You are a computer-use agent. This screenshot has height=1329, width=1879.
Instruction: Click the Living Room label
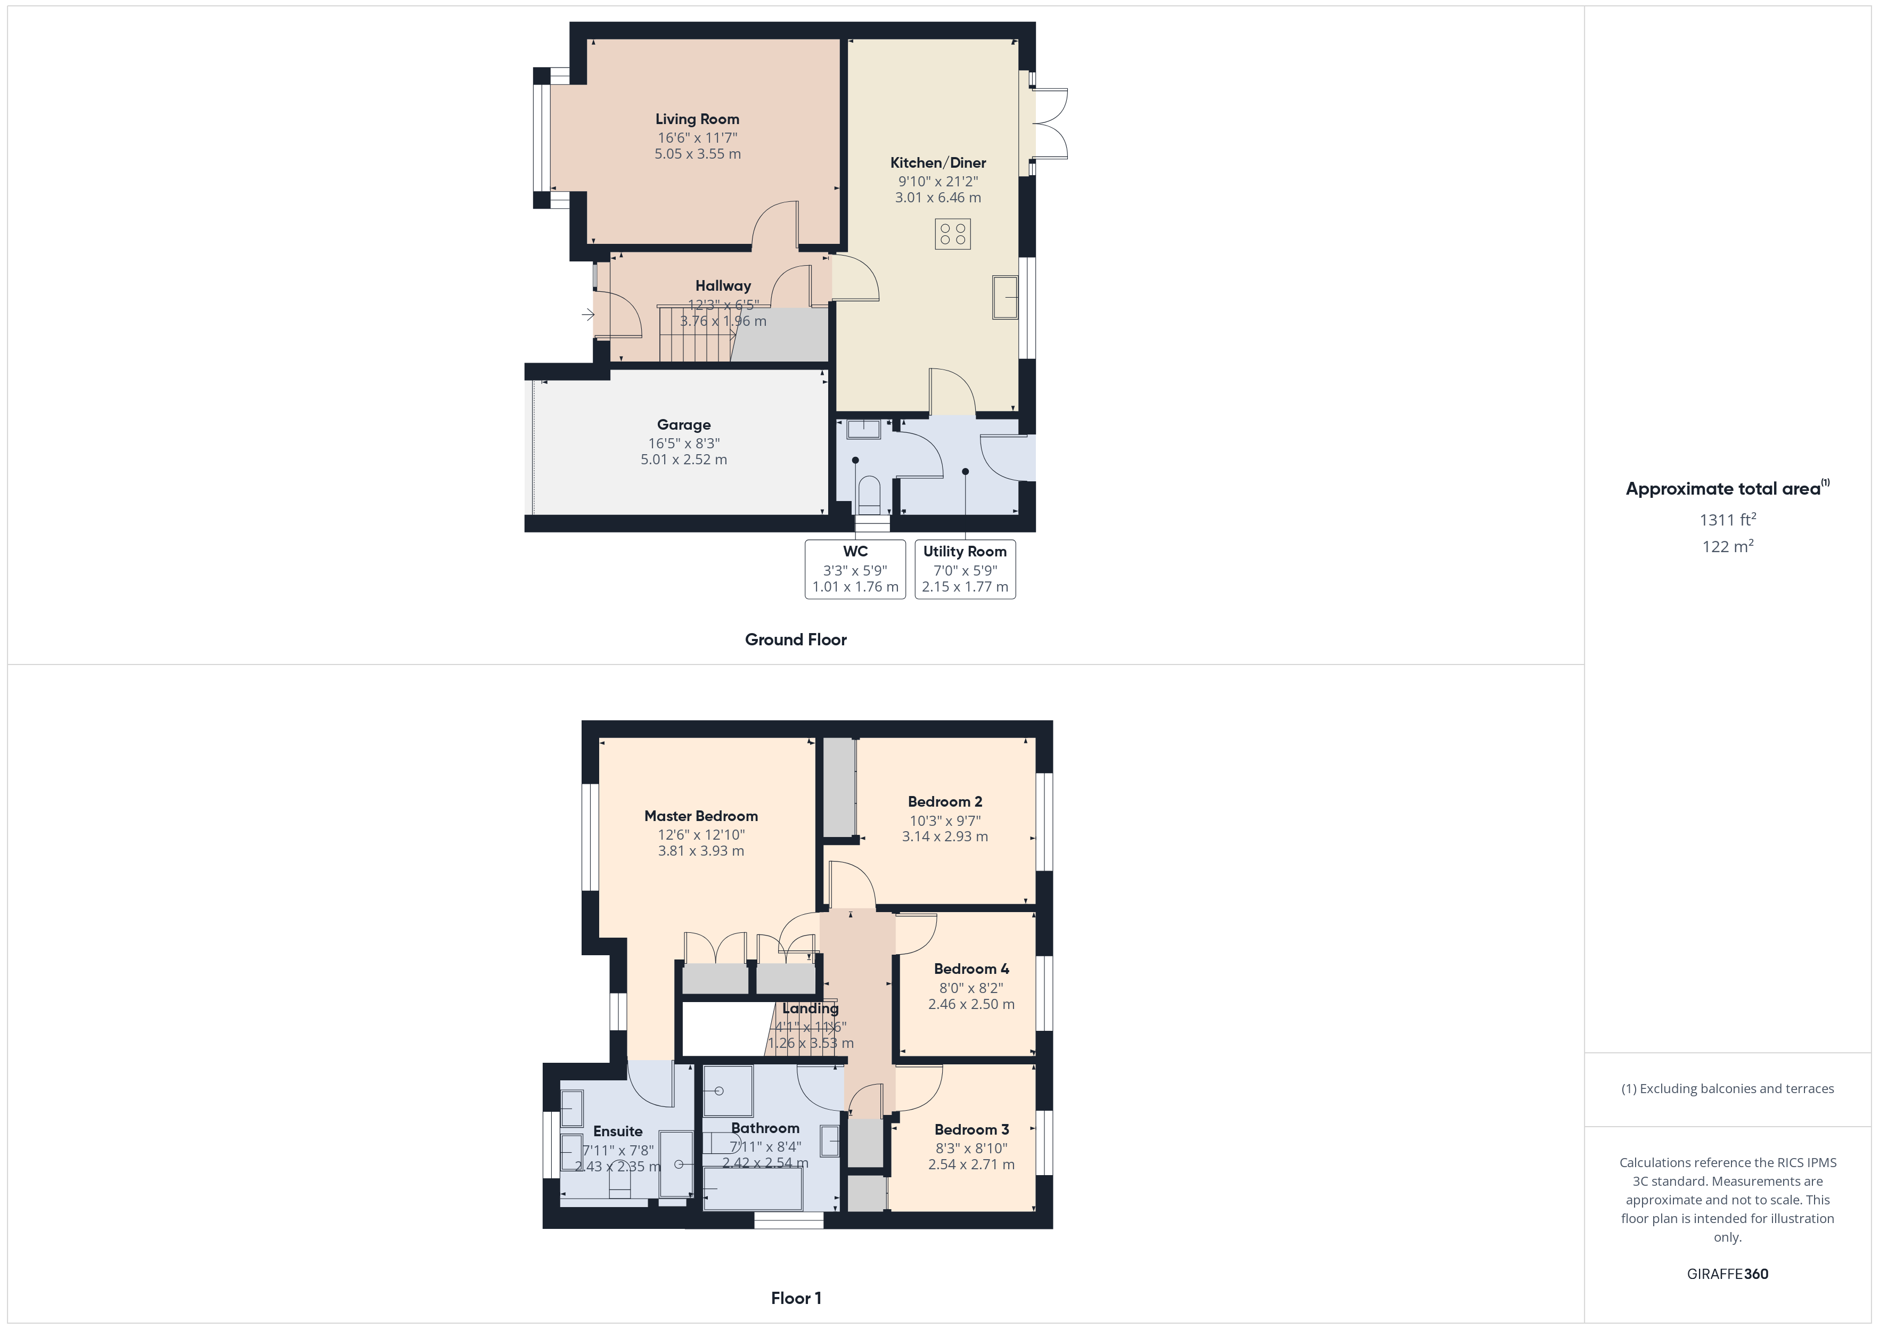697,119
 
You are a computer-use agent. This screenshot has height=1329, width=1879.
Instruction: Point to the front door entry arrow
587,314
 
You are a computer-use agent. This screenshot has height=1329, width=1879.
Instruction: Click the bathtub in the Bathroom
753,1189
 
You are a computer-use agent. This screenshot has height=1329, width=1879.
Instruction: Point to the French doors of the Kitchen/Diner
1051,124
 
